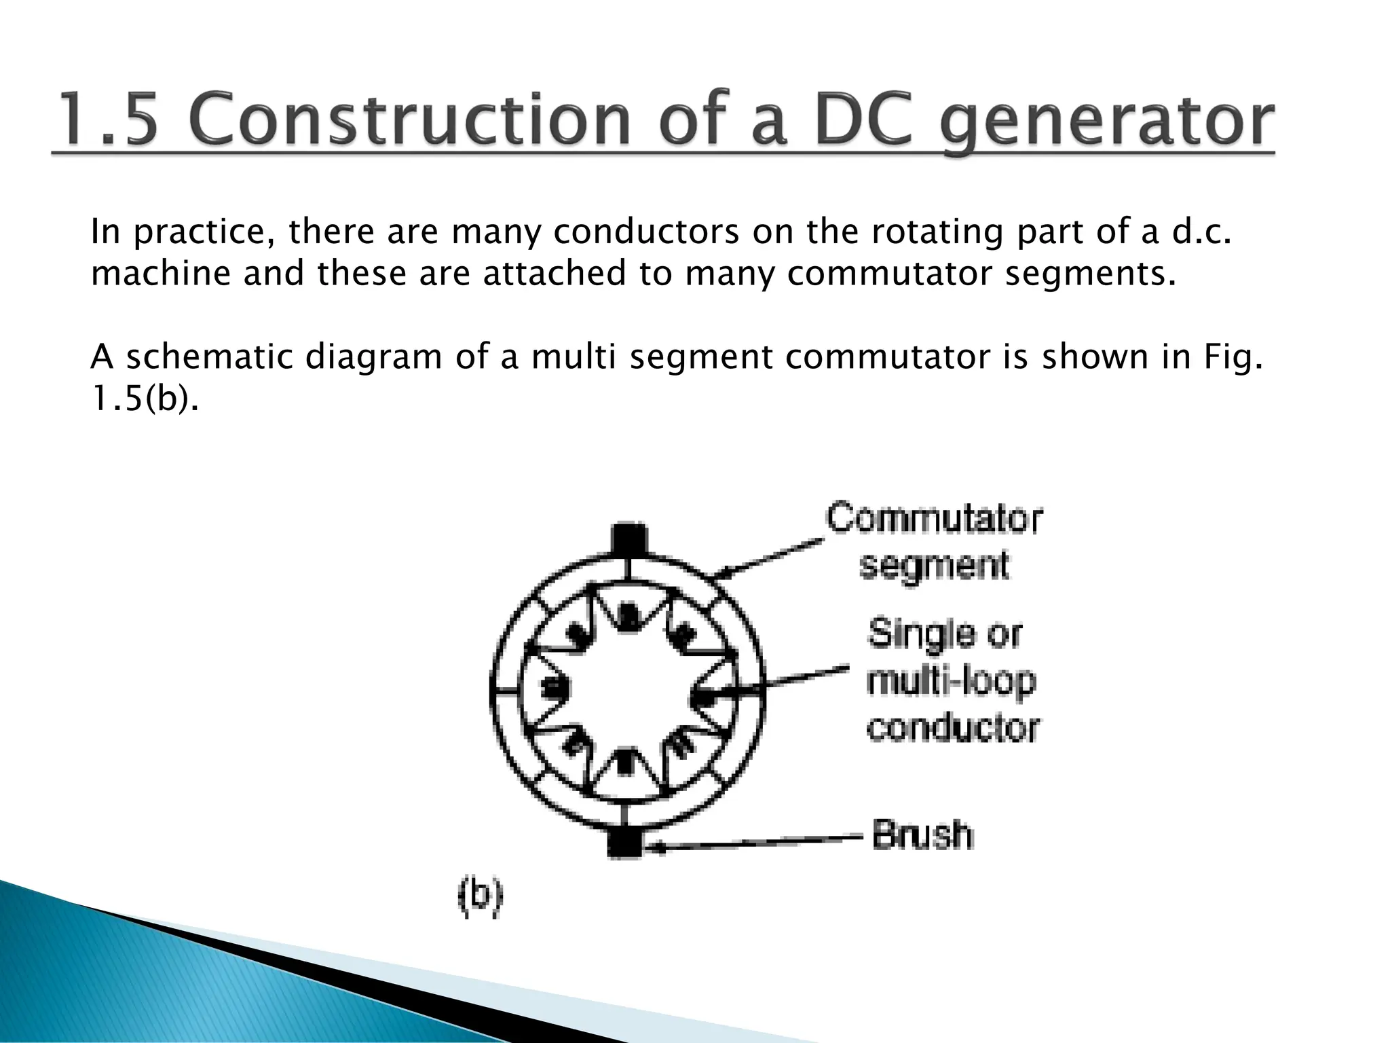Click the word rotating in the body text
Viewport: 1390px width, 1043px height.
(937, 233)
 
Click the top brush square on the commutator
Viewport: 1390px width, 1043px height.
(628, 540)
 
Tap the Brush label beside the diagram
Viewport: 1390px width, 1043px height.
(922, 835)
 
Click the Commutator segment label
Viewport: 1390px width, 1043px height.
(934, 541)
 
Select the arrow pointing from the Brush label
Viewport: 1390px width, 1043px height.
(753, 843)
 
